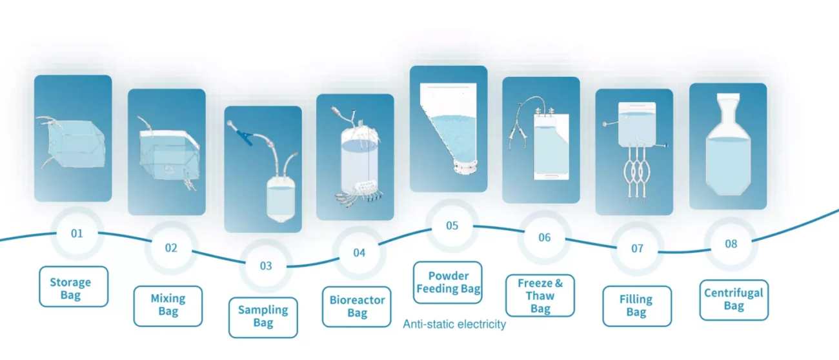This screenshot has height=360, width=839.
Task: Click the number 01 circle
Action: point(77,234)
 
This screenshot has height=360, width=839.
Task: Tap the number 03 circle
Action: point(266,266)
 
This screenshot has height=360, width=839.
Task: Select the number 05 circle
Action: point(452,226)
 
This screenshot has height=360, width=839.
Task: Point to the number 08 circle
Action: point(731,244)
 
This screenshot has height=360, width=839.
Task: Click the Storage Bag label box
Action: point(74,286)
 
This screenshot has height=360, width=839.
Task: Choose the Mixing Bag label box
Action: point(168,306)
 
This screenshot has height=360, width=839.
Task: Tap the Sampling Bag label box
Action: point(263,317)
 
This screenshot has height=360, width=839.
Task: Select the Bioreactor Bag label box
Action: point(357,307)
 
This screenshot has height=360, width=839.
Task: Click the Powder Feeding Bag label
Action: point(448,283)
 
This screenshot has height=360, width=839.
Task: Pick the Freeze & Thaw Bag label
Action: point(540,295)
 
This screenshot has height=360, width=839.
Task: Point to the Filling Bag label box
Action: point(637,306)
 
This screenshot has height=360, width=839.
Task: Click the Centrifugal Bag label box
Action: point(734,300)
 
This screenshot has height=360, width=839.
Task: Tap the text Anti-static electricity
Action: point(454,324)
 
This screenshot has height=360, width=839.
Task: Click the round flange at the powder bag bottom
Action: point(465,166)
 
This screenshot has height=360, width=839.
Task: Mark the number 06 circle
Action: point(545,237)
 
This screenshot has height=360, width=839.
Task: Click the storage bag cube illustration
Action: point(74,143)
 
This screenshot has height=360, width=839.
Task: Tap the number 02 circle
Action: point(171,248)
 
